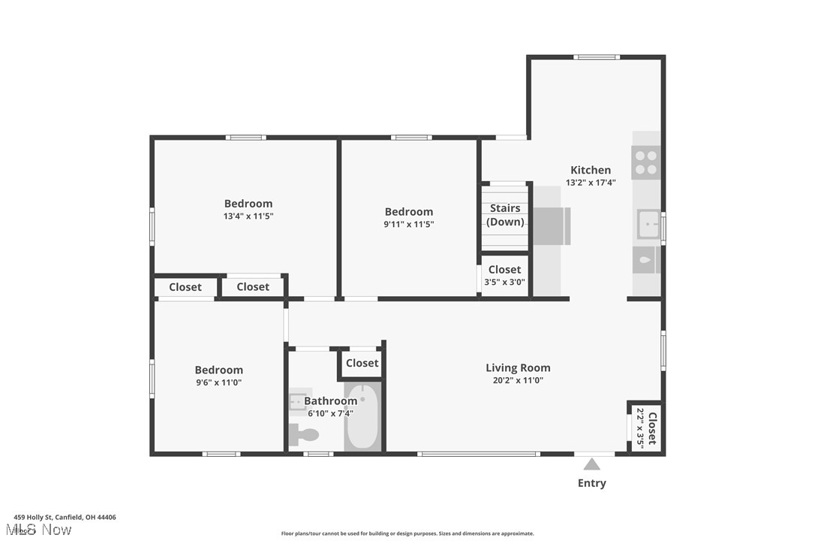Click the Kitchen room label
tap(591, 170)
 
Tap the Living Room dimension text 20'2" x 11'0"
tap(518, 380)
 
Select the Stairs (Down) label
tap(505, 215)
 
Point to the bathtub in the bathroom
tap(362, 417)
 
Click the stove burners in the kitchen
tap(645, 162)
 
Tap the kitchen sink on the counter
tap(647, 224)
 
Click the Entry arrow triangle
tap(592, 464)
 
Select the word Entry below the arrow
tap(591, 483)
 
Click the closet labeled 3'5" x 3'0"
tap(505, 276)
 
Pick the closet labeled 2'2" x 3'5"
tap(646, 428)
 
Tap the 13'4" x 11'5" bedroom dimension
tap(248, 216)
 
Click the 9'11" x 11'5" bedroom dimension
tap(409, 224)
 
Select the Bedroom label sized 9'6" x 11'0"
tap(218, 370)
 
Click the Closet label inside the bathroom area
tap(362, 363)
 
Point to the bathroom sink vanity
tap(299, 402)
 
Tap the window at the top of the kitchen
tap(597, 57)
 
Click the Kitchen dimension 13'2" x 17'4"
tap(591, 183)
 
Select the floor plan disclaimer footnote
tap(407, 533)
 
